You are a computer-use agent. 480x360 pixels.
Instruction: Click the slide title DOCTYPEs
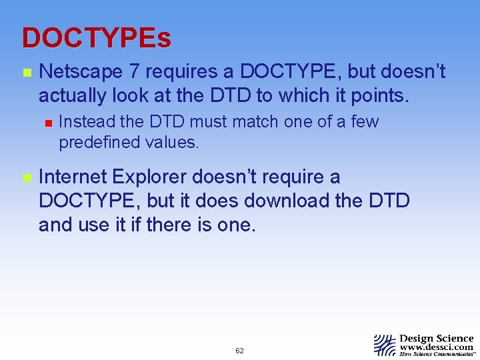96,38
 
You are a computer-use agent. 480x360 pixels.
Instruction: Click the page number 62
239,351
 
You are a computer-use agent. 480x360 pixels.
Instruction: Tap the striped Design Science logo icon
385,345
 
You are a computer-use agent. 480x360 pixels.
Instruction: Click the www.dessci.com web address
437,347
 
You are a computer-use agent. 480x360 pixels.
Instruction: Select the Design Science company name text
436,339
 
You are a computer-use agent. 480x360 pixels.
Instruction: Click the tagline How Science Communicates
437,355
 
